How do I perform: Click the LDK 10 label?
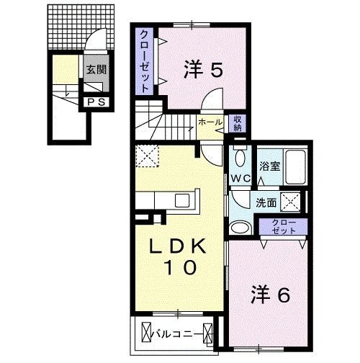pyautogui.click(x=179, y=256)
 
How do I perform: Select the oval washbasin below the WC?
pyautogui.click(x=240, y=228)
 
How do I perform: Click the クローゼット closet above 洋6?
pyautogui.click(x=284, y=228)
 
